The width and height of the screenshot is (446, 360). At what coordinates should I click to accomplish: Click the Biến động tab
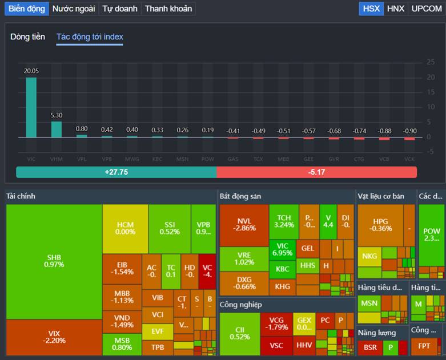26,9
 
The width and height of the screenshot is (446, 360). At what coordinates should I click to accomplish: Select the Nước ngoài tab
73,9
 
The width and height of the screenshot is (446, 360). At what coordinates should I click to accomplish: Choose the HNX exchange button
395,9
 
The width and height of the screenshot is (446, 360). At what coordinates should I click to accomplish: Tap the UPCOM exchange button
427,9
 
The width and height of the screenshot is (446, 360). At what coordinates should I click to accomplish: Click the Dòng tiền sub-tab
27,37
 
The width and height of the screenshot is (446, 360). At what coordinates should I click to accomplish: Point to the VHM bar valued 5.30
57,130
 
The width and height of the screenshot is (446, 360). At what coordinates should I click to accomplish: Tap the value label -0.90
409,131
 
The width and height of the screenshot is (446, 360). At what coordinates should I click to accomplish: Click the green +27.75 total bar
116,172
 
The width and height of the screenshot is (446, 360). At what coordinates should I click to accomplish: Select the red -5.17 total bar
317,172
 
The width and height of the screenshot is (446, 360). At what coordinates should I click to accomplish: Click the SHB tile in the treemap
54,261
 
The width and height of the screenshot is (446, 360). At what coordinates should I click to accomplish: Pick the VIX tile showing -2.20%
54,337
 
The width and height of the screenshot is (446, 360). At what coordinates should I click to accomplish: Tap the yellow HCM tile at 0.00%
125,228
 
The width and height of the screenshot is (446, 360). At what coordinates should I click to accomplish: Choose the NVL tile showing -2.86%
244,225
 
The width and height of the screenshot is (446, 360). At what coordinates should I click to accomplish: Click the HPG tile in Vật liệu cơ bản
380,225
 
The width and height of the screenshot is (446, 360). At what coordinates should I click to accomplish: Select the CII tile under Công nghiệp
239,333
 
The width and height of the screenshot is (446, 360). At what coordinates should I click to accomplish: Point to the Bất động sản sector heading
240,196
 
